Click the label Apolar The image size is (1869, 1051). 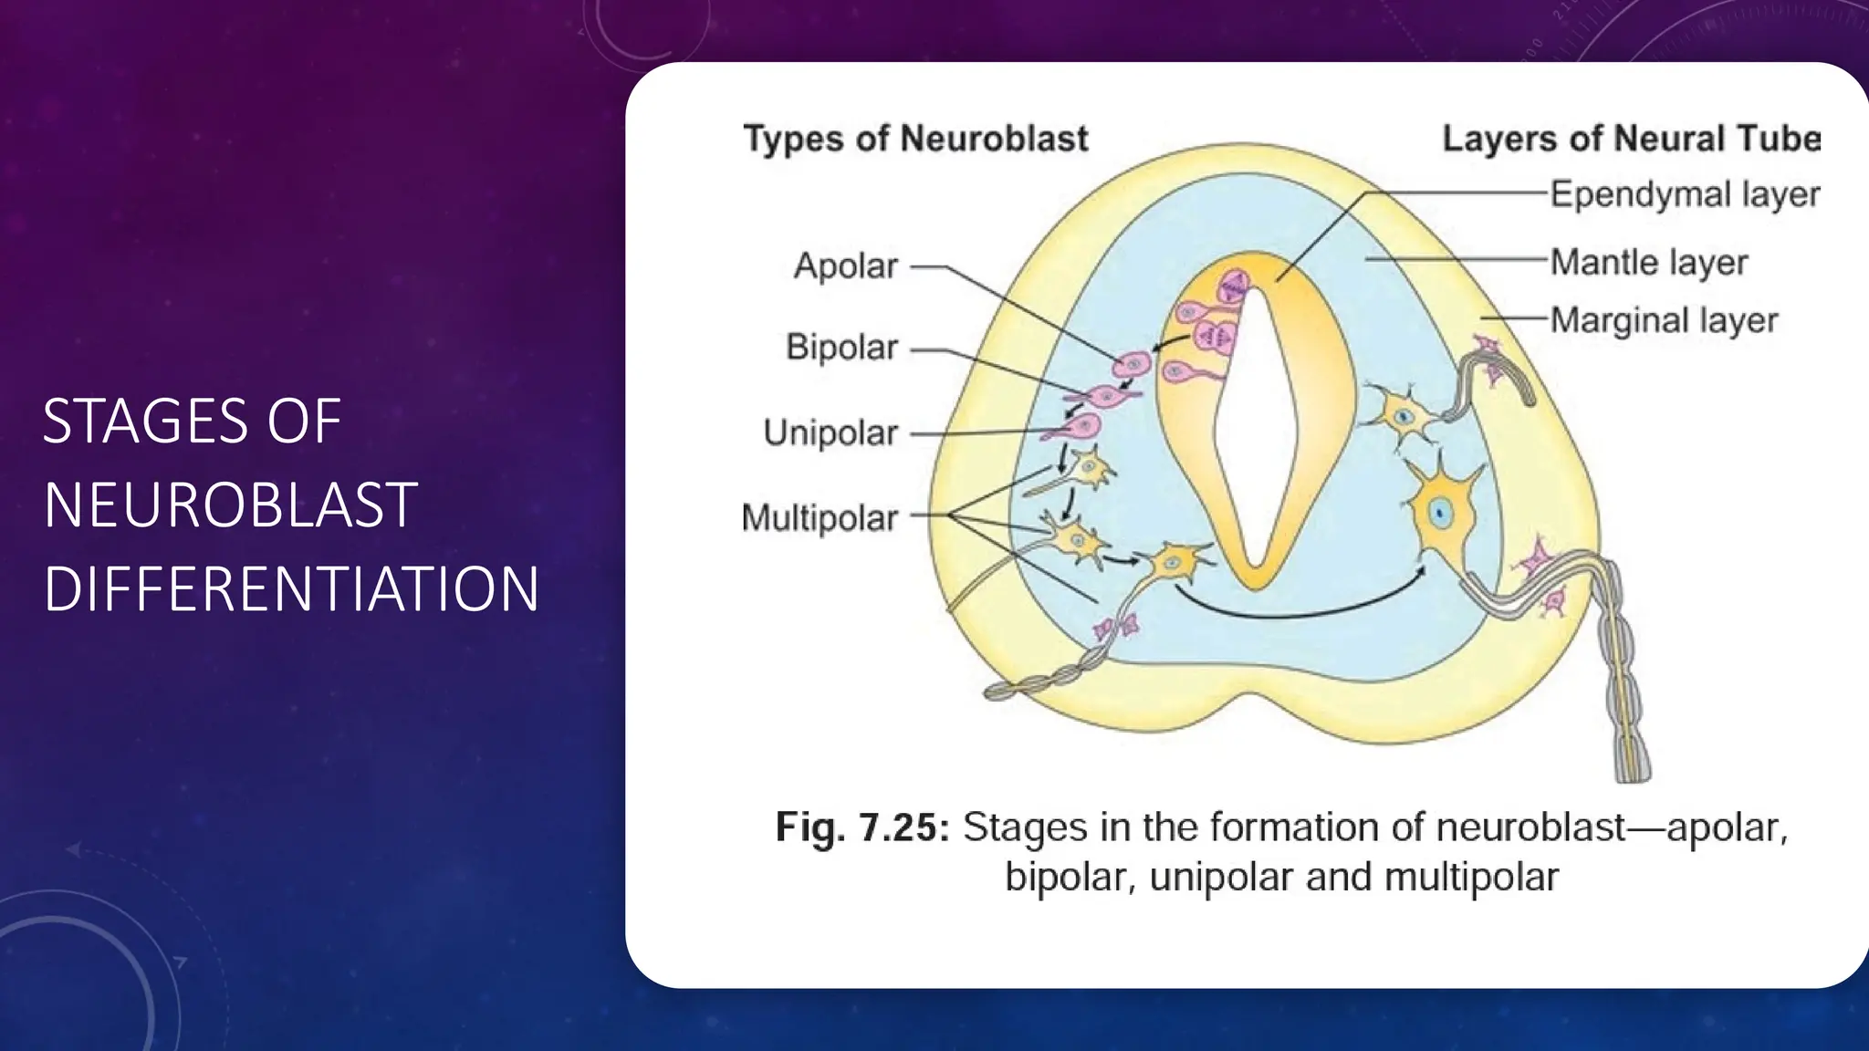click(x=845, y=266)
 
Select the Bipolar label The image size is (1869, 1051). click(x=841, y=348)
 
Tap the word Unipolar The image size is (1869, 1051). click(x=830, y=432)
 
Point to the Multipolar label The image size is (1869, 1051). click(x=820, y=517)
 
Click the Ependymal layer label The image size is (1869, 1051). click(x=1685, y=194)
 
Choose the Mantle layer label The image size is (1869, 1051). click(x=1649, y=262)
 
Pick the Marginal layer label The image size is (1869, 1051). click(x=1664, y=320)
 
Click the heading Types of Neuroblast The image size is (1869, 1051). click(x=915, y=139)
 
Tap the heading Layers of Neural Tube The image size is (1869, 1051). click(x=1631, y=139)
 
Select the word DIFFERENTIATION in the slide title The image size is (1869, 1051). click(x=291, y=588)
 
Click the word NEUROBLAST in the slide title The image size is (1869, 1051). click(x=230, y=505)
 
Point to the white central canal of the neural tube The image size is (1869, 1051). click(x=1257, y=429)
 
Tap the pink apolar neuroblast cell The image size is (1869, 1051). click(x=1133, y=364)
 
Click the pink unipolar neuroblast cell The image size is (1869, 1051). click(x=1084, y=426)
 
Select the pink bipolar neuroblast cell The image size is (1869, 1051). click(x=1105, y=397)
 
